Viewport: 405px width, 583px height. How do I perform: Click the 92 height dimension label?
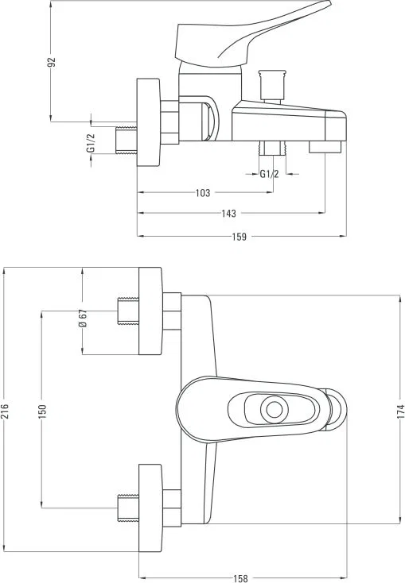pyautogui.click(x=52, y=62)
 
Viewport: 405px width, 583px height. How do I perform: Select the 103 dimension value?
pyautogui.click(x=203, y=192)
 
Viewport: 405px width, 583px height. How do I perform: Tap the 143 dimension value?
pyautogui.click(x=229, y=214)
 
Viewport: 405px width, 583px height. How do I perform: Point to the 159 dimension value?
pyautogui.click(x=239, y=237)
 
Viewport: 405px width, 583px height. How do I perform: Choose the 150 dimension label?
pyautogui.click(x=41, y=411)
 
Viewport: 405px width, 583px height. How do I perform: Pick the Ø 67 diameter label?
pyautogui.click(x=83, y=319)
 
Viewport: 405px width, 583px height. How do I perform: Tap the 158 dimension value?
pyautogui.click(x=240, y=578)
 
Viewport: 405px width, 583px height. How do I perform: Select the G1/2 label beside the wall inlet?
pyautogui.click(x=91, y=143)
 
